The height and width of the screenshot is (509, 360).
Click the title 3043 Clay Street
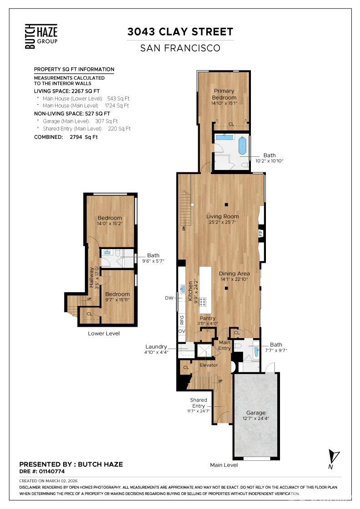click(180, 32)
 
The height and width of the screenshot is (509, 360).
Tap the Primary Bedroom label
click(225, 94)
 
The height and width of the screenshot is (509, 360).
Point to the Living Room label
click(222, 216)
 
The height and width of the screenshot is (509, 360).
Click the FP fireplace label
click(261, 233)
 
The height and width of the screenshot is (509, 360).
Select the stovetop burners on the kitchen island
click(202, 301)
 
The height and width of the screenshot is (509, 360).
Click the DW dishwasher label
click(170, 298)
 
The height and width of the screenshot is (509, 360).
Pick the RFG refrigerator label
click(182, 319)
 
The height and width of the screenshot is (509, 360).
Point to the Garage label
click(256, 413)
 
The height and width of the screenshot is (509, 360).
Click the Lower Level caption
click(104, 333)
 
